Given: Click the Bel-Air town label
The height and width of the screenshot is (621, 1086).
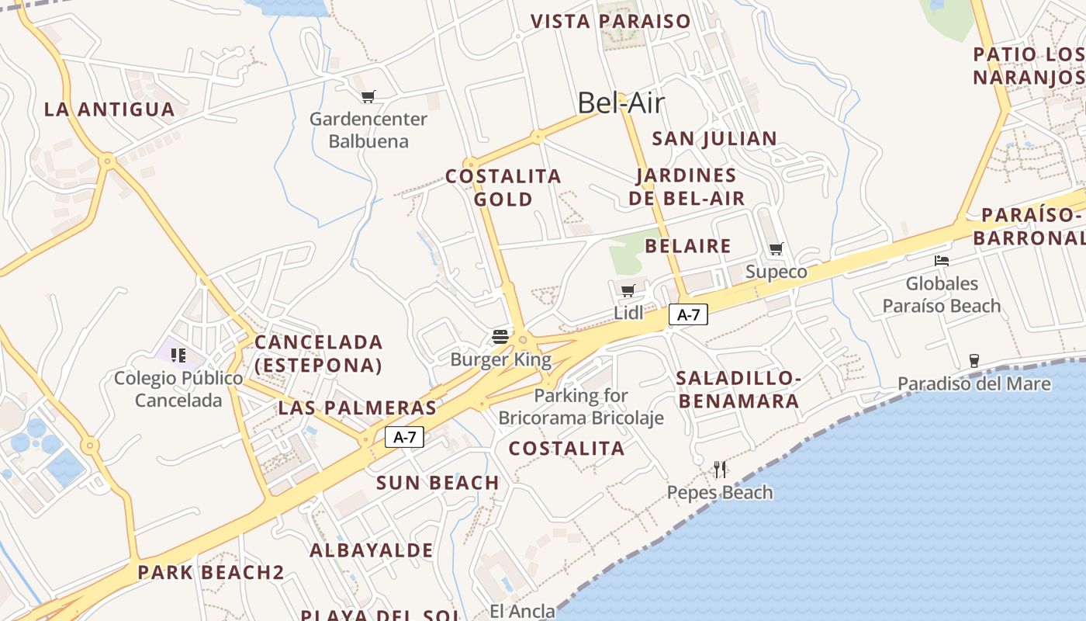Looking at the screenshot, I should click(x=621, y=103).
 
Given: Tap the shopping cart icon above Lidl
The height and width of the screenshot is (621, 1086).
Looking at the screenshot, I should click(x=628, y=291).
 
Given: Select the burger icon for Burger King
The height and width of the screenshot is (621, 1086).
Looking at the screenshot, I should click(x=500, y=337).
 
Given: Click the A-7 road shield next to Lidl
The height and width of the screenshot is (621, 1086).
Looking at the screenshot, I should click(x=688, y=314).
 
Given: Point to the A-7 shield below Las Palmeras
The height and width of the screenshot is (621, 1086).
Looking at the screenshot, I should click(x=405, y=437).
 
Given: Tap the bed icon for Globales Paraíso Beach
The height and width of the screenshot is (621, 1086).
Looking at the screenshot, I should click(x=942, y=261).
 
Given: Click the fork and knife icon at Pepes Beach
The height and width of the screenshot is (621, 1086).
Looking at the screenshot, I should click(x=720, y=470).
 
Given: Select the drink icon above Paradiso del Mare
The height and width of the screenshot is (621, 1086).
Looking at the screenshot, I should click(x=974, y=360).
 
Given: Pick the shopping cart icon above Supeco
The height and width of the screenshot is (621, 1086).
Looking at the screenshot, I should click(x=776, y=249).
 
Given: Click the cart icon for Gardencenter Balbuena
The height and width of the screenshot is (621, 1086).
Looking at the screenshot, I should click(x=368, y=97).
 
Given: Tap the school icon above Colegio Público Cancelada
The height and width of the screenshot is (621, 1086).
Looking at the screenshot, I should click(x=178, y=356).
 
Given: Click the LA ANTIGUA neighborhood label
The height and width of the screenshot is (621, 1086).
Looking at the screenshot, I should click(x=109, y=109).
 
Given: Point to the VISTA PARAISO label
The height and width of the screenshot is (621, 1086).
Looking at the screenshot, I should click(x=610, y=21).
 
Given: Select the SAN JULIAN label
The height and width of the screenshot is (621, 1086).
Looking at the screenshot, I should click(x=714, y=139).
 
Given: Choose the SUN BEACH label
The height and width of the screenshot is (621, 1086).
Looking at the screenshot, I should click(x=438, y=483).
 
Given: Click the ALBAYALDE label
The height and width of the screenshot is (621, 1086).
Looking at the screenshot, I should click(x=372, y=550).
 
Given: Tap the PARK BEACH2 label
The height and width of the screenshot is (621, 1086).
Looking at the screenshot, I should click(x=211, y=573).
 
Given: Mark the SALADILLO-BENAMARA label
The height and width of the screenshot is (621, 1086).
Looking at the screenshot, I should click(x=738, y=390).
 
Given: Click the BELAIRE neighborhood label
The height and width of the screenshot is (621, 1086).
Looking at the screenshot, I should click(x=688, y=246).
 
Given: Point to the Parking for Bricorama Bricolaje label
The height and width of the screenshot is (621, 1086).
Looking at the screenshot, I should click(x=581, y=407).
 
